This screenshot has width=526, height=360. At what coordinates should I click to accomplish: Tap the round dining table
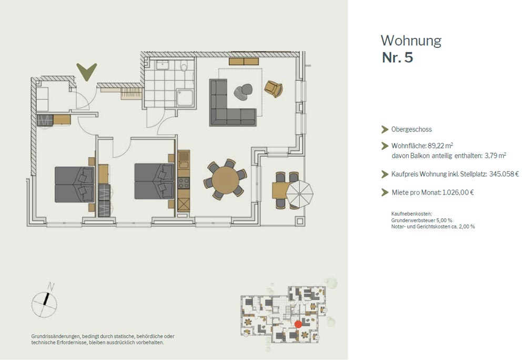click(226, 180)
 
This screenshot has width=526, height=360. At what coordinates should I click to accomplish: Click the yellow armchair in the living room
click(274, 89)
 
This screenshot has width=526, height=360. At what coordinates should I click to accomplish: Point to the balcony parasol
click(300, 194)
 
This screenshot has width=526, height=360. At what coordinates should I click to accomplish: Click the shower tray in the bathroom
click(185, 98)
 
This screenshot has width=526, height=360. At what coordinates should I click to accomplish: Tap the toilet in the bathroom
click(184, 66)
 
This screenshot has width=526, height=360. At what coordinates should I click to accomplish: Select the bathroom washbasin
click(163, 64)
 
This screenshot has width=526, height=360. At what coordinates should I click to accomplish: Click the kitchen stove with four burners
click(184, 183)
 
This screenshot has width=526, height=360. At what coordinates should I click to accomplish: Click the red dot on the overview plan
click(298, 324)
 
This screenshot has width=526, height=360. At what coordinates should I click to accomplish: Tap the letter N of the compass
click(50, 286)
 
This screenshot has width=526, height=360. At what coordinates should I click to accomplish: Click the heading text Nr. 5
click(398, 57)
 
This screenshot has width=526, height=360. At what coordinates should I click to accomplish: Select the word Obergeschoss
click(412, 129)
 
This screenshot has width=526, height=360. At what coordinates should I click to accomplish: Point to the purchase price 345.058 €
click(504, 174)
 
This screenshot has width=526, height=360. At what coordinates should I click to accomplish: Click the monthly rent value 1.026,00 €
click(458, 192)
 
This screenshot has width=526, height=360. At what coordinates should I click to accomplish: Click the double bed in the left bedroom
click(75, 185)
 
